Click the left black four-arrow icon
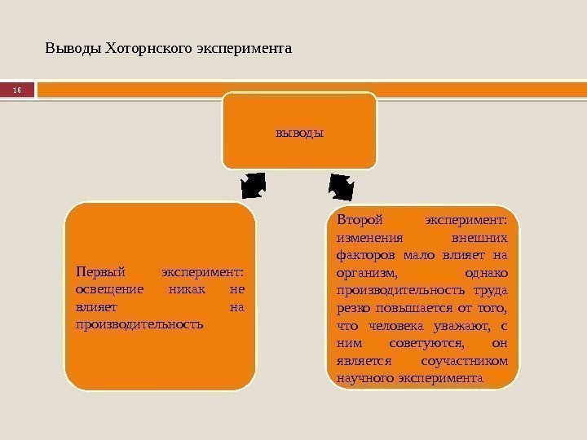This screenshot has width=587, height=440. [x=254, y=185]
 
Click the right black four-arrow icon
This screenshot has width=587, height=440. [x=341, y=186]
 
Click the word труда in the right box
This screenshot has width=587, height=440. [x=489, y=291]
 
